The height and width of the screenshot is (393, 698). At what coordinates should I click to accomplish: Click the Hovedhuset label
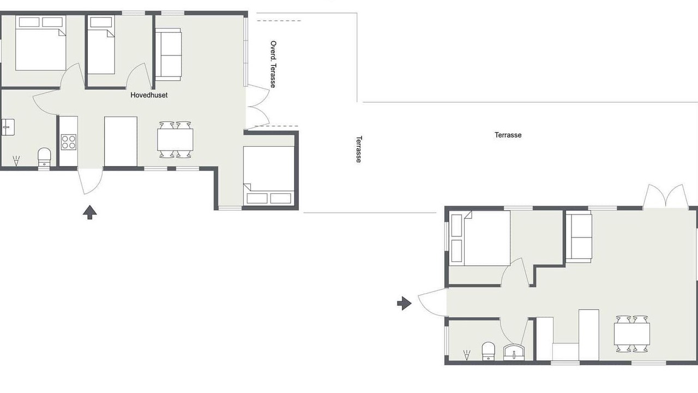tap(149, 95)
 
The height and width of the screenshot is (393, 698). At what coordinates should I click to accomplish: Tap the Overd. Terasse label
tap(273, 64)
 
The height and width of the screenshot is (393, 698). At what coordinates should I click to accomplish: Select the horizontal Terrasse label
tap(508, 135)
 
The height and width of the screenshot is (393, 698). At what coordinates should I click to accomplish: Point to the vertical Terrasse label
tap(359, 149)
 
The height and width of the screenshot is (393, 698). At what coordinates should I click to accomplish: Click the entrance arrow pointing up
tap(90, 212)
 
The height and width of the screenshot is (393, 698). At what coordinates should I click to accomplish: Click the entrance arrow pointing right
tap(404, 303)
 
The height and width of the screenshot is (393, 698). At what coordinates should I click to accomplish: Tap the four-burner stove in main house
tap(69, 142)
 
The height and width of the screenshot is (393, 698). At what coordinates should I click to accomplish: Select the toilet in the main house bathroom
tap(44, 158)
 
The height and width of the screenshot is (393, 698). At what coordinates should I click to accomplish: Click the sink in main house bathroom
tap(8, 127)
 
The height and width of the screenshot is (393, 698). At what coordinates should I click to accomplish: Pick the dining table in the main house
tap(175, 140)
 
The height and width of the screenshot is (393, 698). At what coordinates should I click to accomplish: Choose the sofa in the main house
tap(169, 55)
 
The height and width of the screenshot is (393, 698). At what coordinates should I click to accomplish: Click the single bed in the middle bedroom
tap(101, 45)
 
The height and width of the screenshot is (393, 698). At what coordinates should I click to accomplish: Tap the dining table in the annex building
tap(632, 334)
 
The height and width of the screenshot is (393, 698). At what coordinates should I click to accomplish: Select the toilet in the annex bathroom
tap(488, 351)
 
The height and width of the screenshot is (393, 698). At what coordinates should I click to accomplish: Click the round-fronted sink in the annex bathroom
tap(514, 352)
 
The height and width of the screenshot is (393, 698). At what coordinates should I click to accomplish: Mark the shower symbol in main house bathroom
tap(16, 160)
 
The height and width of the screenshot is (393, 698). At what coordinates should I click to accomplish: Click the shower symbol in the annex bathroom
tap(467, 355)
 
